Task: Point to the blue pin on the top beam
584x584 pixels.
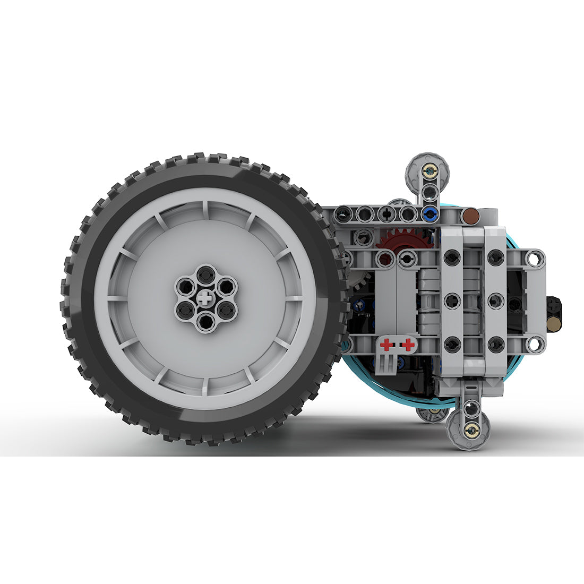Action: point(430,214)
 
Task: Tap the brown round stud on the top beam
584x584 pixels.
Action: point(470,216)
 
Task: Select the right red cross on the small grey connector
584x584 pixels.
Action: point(408,345)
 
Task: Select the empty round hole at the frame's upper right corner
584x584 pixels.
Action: point(535,259)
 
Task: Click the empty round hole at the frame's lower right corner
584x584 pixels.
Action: point(535,344)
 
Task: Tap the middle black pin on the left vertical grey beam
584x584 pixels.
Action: point(452,301)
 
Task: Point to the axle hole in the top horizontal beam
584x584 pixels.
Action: point(387,214)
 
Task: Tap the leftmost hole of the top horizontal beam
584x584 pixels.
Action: point(345,214)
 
